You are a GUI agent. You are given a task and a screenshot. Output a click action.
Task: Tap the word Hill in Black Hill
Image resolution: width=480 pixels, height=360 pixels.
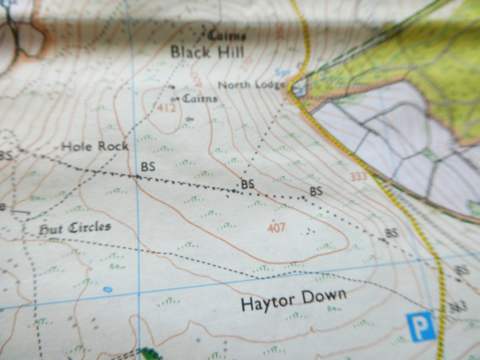[230, 51]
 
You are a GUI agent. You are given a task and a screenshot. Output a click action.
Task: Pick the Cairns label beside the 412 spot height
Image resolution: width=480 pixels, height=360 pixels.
[200, 98]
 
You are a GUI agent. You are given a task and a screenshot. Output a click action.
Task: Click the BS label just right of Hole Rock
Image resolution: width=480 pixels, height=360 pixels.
[148, 166]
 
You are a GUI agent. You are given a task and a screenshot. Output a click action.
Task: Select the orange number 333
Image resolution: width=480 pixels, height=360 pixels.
[359, 176]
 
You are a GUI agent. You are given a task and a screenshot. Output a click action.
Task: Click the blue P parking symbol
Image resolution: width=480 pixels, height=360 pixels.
[421, 327]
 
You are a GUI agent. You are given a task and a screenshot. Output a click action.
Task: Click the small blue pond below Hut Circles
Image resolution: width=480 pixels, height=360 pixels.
[107, 289]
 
